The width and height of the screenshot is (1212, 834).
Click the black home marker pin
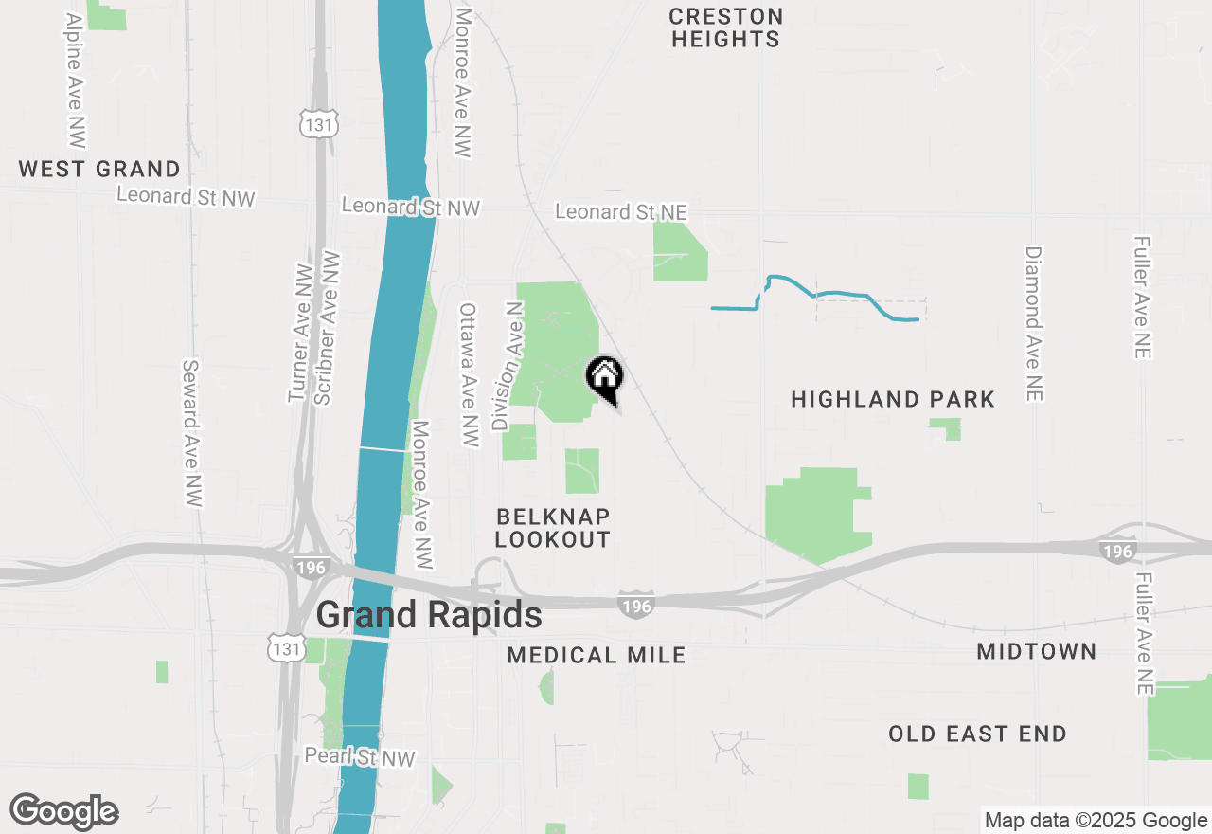click(605, 376)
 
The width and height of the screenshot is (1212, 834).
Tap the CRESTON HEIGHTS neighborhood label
click(726, 28)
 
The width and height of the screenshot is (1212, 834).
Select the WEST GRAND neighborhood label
click(99, 170)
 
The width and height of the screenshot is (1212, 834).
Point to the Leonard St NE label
click(620, 211)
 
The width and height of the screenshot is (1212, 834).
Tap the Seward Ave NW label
click(192, 432)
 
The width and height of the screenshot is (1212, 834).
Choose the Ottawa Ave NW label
click(469, 374)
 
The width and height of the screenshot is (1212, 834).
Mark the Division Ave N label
click(507, 366)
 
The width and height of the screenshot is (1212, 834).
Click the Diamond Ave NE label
click(1033, 323)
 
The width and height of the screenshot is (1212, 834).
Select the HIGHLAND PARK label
click(893, 399)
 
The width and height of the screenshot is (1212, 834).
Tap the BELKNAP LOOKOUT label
click(553, 528)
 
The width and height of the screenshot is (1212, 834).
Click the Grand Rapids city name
click(429, 615)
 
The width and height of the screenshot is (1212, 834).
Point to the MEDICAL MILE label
click(597, 655)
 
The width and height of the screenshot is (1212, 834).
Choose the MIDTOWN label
click(1037, 651)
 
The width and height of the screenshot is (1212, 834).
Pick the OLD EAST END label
click(977, 734)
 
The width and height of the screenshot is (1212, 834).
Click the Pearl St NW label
click(360, 757)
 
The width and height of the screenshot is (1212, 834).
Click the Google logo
click(63, 812)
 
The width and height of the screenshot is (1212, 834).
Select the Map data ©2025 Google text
click(1096, 821)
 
